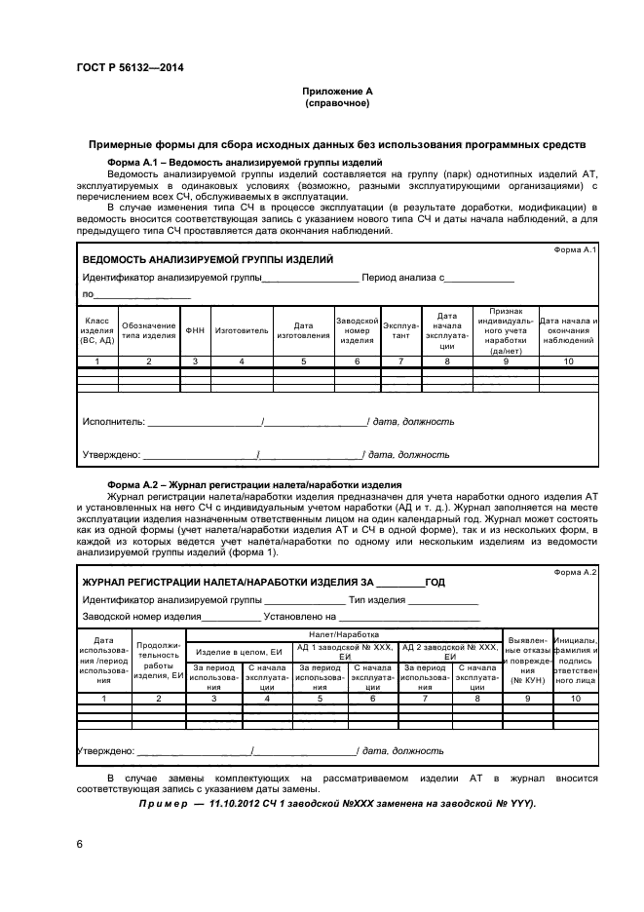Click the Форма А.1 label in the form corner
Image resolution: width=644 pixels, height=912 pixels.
pyautogui.click(x=576, y=249)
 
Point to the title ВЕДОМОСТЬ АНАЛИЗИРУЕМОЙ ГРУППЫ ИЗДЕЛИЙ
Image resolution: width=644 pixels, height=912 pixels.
pyautogui.click(x=208, y=260)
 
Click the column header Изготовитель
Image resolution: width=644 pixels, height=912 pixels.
pyautogui.click(x=242, y=330)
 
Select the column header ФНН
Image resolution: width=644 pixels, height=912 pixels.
pyautogui.click(x=195, y=330)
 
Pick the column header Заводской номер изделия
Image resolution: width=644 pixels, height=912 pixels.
pyautogui.click(x=357, y=330)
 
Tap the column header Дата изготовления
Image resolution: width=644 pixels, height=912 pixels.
pyautogui.click(x=303, y=330)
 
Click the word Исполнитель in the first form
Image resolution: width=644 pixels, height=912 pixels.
pyautogui.click(x=113, y=422)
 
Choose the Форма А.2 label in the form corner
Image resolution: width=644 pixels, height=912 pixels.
pyautogui.click(x=576, y=572)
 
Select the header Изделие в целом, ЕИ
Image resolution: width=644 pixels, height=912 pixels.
pyautogui.click(x=239, y=650)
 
